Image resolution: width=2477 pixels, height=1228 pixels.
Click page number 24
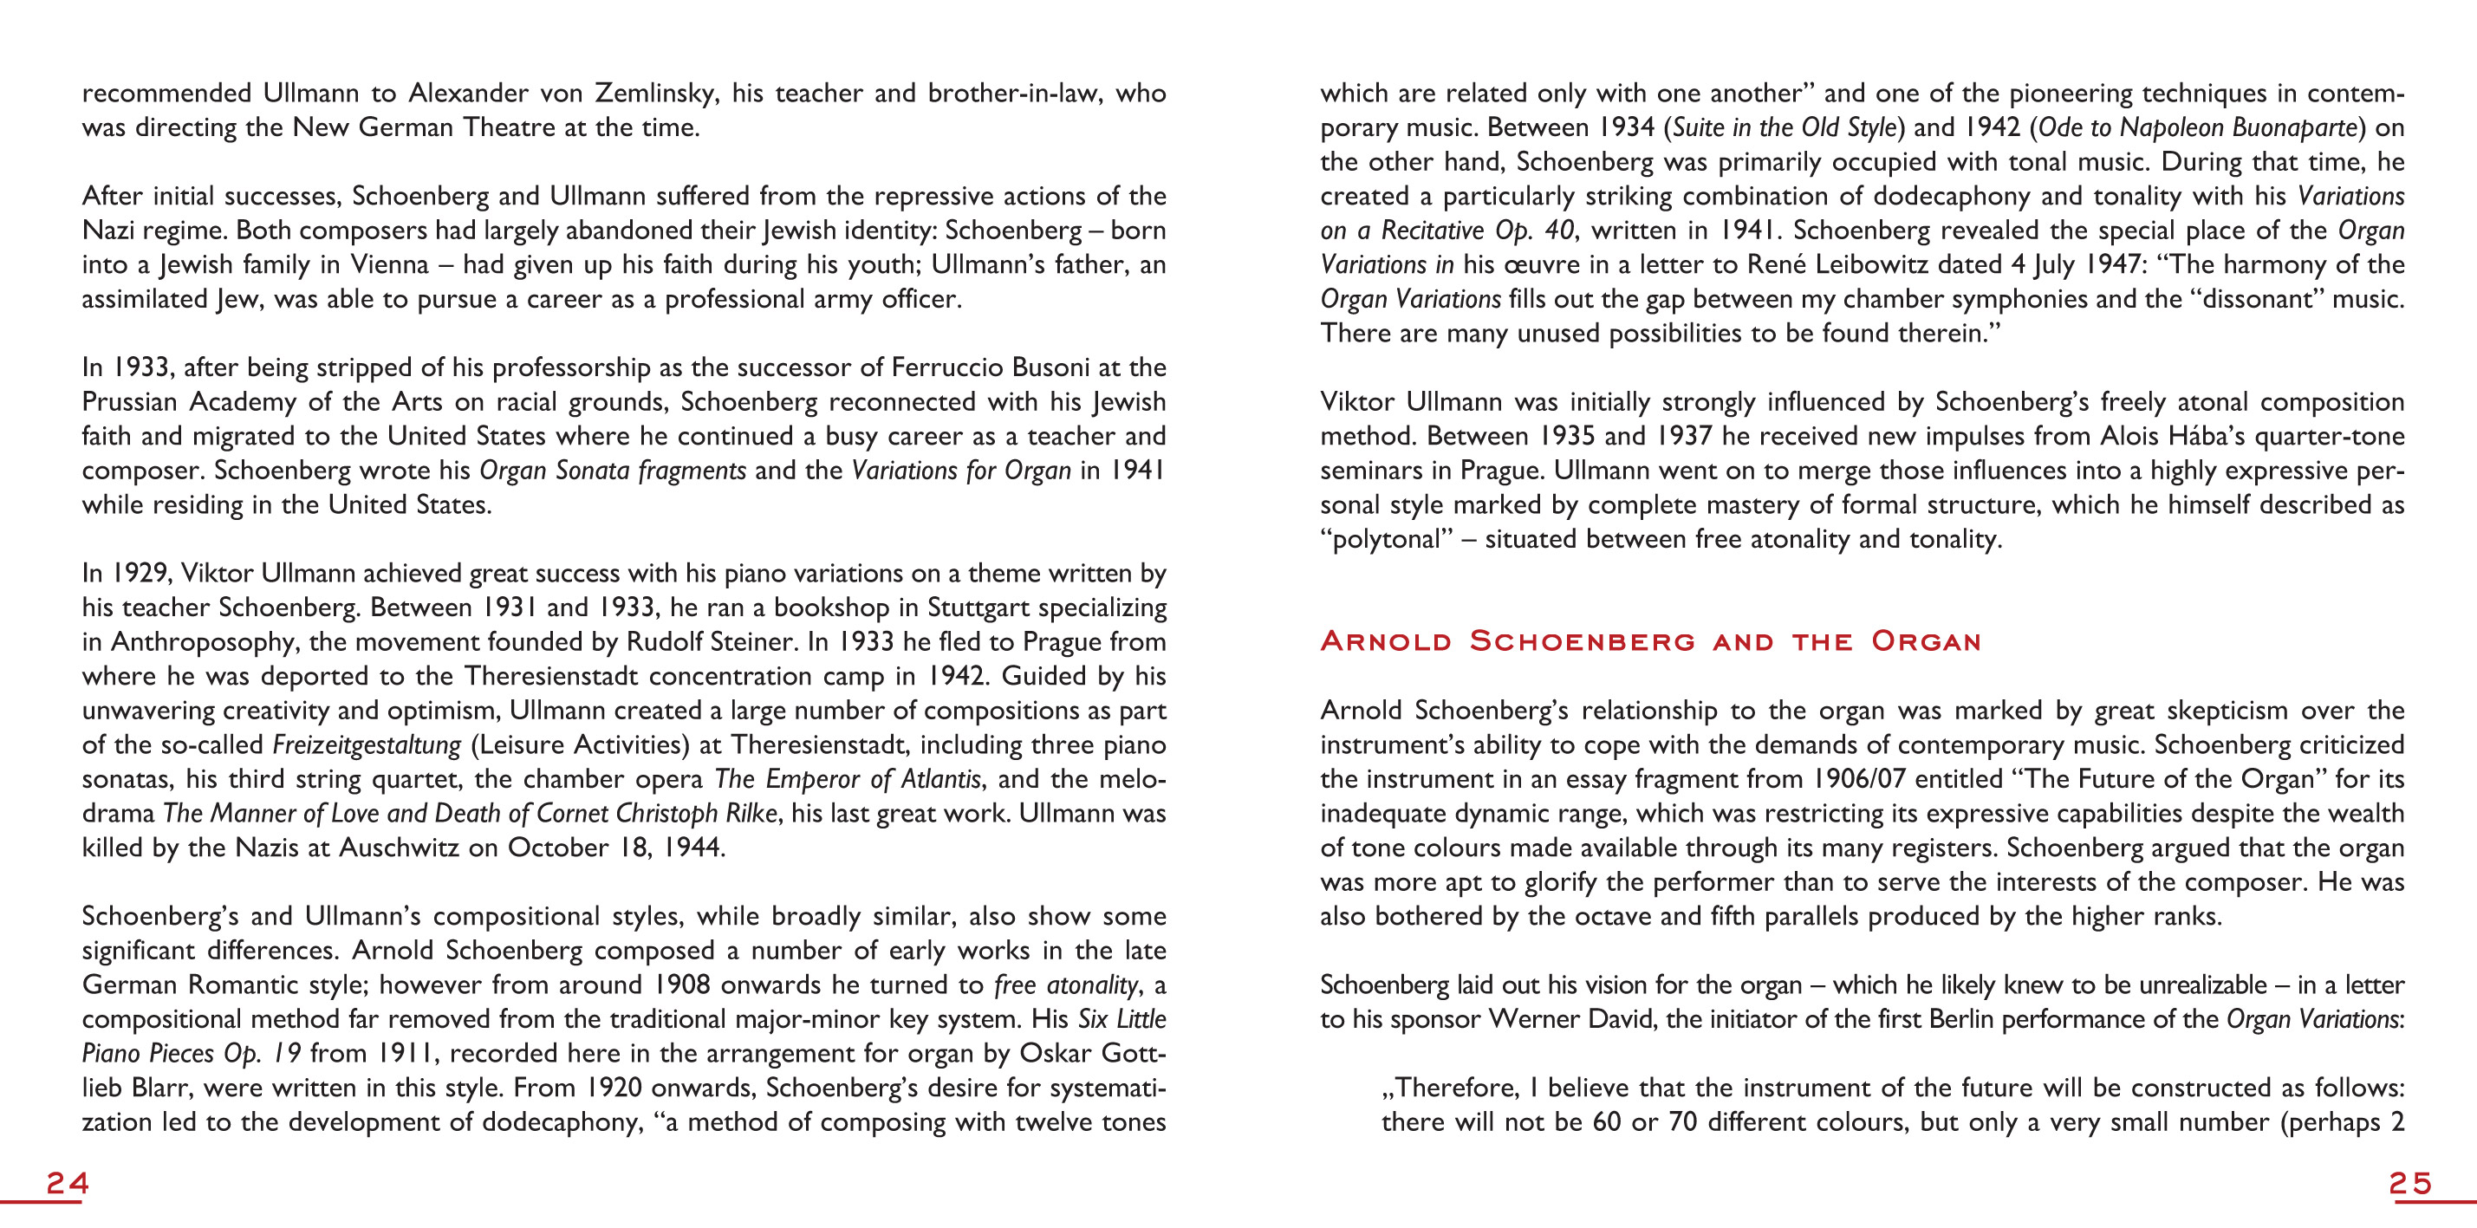(68, 1183)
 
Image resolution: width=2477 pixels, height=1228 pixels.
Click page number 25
(2409, 1183)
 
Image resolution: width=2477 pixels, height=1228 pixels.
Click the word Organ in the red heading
(1926, 641)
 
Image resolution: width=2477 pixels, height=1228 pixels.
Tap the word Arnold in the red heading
(1386, 641)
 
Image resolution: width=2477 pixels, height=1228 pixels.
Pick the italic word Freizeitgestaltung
(367, 745)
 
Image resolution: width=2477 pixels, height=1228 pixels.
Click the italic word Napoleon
(2167, 128)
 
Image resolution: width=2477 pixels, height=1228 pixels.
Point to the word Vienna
(388, 264)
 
